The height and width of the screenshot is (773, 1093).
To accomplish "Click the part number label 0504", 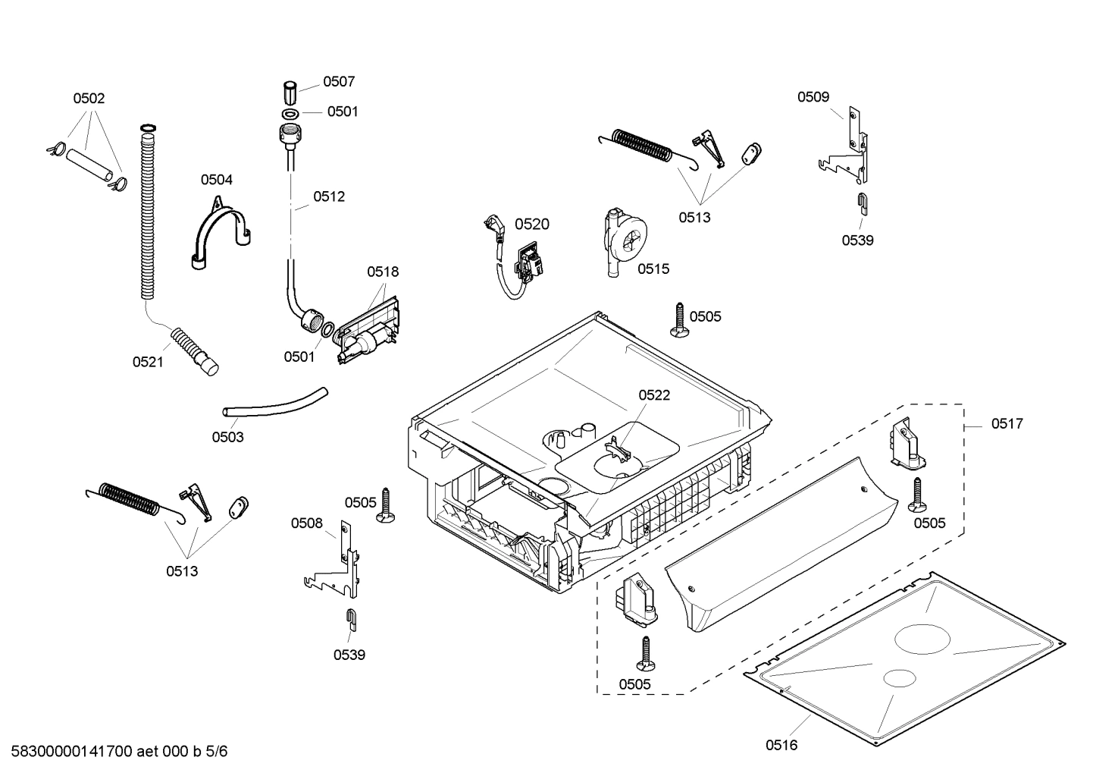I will [x=216, y=180].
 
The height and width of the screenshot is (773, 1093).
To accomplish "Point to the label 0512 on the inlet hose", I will [x=329, y=196].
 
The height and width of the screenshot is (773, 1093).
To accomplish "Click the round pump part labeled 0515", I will [x=626, y=241].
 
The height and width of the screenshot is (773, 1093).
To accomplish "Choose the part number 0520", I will [x=531, y=224].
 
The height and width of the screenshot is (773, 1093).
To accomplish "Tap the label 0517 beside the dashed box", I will [x=1007, y=424].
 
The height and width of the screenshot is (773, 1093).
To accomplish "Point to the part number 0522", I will [x=653, y=395].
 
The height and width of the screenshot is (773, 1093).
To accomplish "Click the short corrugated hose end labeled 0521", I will [x=196, y=350].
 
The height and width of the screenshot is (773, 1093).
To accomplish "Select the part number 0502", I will [x=89, y=98].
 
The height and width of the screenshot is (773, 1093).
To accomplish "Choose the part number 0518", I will [x=383, y=272].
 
